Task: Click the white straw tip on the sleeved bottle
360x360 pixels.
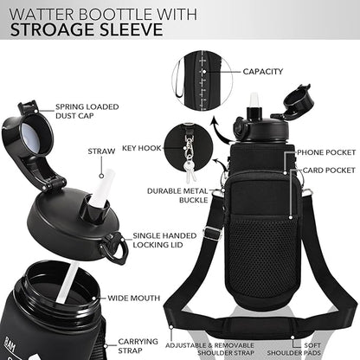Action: [255, 100]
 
